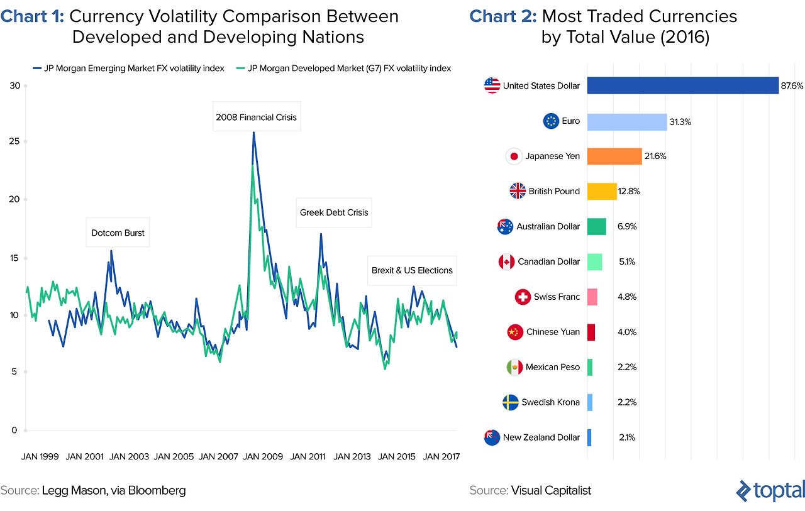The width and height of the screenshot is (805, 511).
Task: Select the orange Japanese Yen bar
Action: (x=614, y=156)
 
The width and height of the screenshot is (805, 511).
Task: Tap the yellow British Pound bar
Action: (x=602, y=191)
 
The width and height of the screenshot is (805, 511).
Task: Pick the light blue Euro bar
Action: (x=627, y=121)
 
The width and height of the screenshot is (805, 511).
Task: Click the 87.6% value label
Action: (x=792, y=85)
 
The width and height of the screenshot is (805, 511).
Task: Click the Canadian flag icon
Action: (x=506, y=261)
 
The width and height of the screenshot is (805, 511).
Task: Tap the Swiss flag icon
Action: (x=523, y=297)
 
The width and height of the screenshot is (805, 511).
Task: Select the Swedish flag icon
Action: (x=511, y=402)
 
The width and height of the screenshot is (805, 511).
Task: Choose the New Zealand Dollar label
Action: (x=541, y=437)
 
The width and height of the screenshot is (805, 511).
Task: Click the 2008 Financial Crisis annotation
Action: (x=256, y=117)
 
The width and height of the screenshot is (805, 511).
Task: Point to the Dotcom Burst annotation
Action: (x=118, y=233)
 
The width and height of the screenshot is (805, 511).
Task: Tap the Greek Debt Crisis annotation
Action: (x=334, y=212)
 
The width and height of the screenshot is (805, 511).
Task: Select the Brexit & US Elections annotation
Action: (x=412, y=270)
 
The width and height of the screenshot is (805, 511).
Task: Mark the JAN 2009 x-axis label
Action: (x=263, y=457)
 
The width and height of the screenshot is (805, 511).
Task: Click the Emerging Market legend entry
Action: (x=128, y=69)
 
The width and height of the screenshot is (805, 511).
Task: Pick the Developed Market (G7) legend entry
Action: (x=343, y=69)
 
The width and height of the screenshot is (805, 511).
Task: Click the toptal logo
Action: (x=770, y=490)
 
